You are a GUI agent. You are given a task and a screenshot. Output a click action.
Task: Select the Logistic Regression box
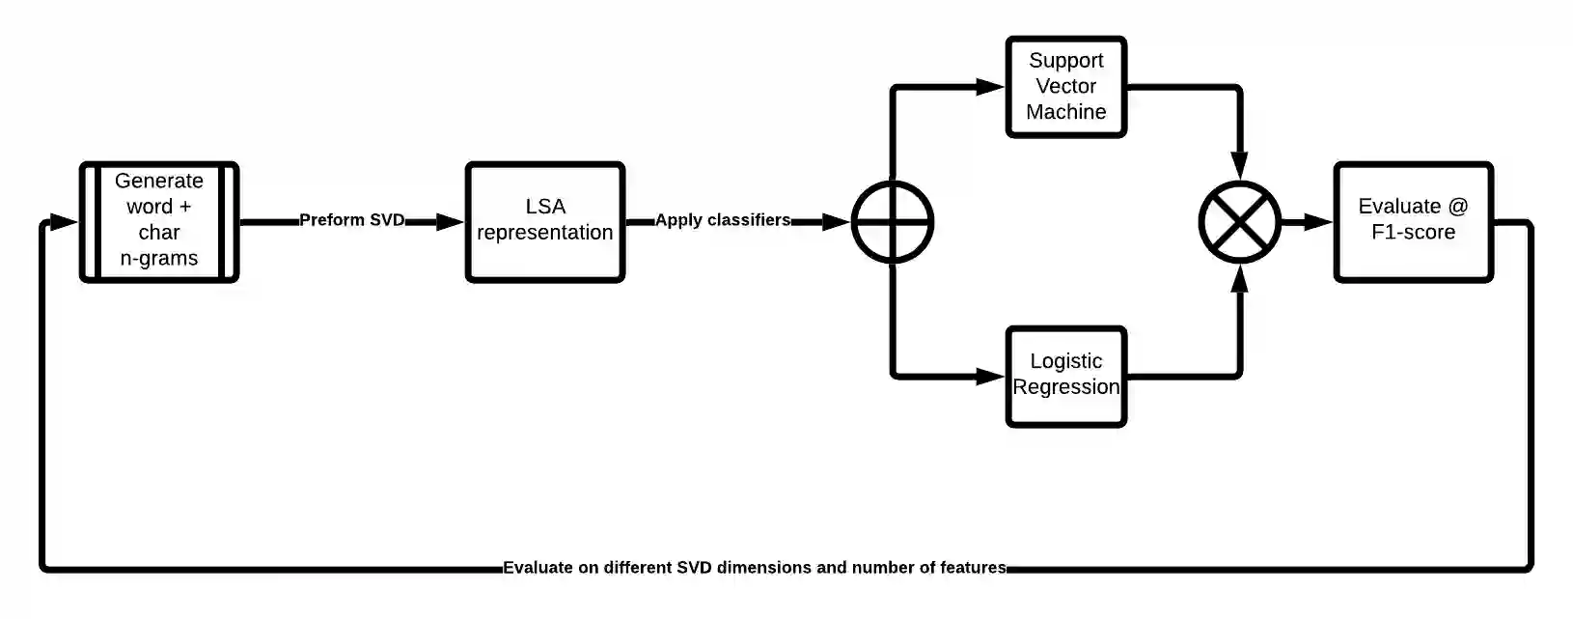[x=1065, y=376]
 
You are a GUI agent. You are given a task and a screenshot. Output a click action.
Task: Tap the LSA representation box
[x=545, y=221]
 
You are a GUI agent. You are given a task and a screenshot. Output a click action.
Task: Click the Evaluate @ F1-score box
[x=1413, y=221]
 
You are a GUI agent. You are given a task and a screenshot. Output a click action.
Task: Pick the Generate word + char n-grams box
[x=159, y=221]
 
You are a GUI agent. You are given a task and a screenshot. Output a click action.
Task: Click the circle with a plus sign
[x=893, y=222]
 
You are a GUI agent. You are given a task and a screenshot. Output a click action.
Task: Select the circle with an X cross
[x=1239, y=222]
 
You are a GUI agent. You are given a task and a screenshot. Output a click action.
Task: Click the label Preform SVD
[x=351, y=220]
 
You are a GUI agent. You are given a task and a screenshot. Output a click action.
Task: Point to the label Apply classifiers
[x=723, y=220]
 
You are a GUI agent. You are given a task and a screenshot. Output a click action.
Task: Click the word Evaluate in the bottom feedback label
[x=538, y=568]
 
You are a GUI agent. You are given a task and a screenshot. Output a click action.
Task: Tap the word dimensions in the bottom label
[x=764, y=568]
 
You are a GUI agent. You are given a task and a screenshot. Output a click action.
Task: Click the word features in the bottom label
[x=975, y=568]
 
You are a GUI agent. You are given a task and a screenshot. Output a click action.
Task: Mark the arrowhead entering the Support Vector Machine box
[x=990, y=87]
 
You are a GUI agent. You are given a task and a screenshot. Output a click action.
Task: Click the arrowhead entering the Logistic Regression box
[x=990, y=376]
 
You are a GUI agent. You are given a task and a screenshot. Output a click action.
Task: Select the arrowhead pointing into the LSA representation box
[x=450, y=222]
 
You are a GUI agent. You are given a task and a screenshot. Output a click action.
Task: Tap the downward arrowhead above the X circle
[x=1240, y=165]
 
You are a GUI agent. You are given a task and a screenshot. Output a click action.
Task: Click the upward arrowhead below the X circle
[x=1240, y=278]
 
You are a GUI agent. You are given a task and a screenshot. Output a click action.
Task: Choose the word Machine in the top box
[x=1065, y=112]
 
